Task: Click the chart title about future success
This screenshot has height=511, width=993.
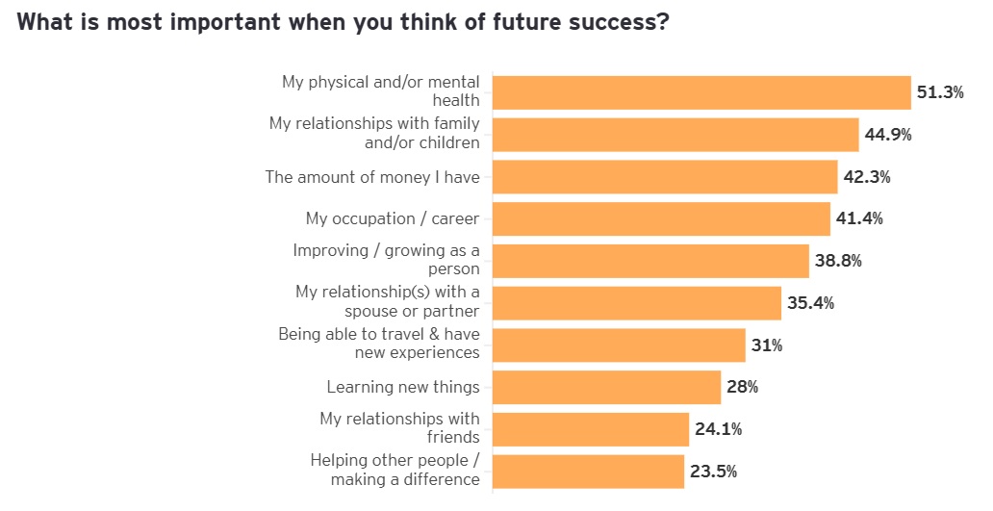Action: pyautogui.click(x=343, y=23)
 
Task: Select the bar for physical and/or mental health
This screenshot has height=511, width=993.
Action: pyautogui.click(x=701, y=92)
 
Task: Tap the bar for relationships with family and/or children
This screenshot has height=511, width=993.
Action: pyautogui.click(x=675, y=135)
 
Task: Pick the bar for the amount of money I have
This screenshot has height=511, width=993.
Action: pyautogui.click(x=665, y=177)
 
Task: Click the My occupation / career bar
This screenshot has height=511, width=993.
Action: pyautogui.click(x=661, y=218)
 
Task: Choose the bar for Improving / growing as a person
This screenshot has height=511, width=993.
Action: pyautogui.click(x=650, y=261)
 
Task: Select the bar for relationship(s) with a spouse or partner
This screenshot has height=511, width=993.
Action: pyautogui.click(x=636, y=303)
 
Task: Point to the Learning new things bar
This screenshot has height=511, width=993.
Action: pyautogui.click(x=606, y=387)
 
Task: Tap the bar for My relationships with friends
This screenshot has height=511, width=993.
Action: pyautogui.click(x=591, y=429)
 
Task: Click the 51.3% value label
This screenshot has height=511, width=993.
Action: pyautogui.click(x=940, y=92)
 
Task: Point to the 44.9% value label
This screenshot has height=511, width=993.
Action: pyautogui.click(x=887, y=135)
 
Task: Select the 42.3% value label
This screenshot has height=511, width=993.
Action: pyautogui.click(x=866, y=177)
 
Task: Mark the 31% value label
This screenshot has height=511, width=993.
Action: pyautogui.click(x=767, y=345)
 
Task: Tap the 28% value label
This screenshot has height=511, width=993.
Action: pyautogui.click(x=742, y=387)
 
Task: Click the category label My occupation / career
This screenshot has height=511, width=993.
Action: pyautogui.click(x=393, y=218)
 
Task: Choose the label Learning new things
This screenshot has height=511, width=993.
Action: pyautogui.click(x=403, y=387)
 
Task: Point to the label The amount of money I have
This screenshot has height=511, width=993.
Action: pyautogui.click(x=372, y=177)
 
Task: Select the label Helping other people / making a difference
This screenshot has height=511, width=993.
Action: pyautogui.click(x=395, y=470)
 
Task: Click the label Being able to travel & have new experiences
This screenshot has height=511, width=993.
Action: pyautogui.click(x=379, y=344)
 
